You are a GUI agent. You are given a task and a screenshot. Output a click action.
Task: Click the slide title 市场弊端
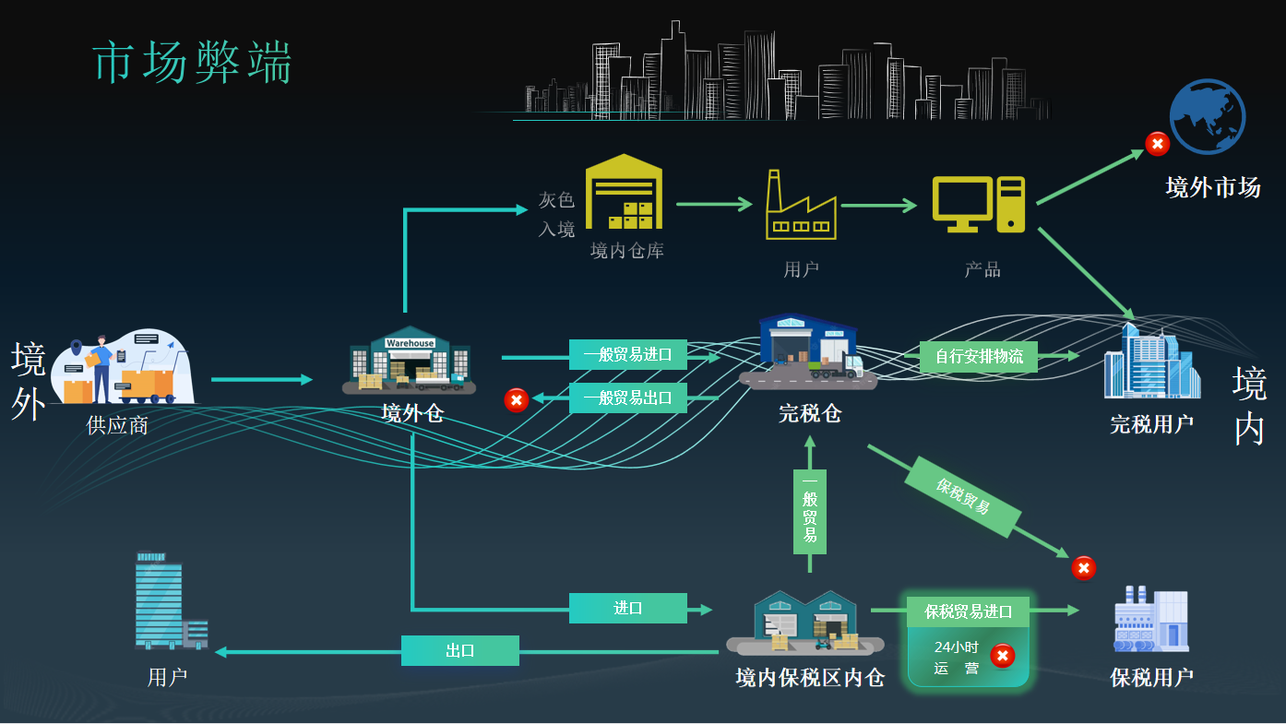[193, 64]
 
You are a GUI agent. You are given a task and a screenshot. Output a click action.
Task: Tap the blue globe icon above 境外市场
[1207, 116]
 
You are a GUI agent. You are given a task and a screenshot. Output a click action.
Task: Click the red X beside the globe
[1157, 144]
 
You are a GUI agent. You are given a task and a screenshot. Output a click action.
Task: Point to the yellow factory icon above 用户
[800, 206]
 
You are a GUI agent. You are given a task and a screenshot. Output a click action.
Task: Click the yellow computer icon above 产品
[978, 204]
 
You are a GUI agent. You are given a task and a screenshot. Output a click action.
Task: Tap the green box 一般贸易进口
[627, 354]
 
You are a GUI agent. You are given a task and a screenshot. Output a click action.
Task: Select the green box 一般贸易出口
[627, 398]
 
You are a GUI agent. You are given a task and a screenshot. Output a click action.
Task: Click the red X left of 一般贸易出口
[516, 400]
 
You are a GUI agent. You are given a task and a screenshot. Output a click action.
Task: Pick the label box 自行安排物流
[978, 356]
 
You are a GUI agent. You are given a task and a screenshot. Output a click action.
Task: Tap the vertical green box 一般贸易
[809, 511]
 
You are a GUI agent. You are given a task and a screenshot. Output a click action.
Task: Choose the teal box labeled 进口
[627, 608]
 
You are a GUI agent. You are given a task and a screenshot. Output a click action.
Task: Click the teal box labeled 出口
[459, 650]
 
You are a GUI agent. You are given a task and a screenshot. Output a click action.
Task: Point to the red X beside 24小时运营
[1002, 656]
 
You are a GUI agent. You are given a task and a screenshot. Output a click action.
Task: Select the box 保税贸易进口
[968, 611]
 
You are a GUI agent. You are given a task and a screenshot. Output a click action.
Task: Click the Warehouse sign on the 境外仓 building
[410, 343]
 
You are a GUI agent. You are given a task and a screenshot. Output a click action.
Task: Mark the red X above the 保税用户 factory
[1083, 568]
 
